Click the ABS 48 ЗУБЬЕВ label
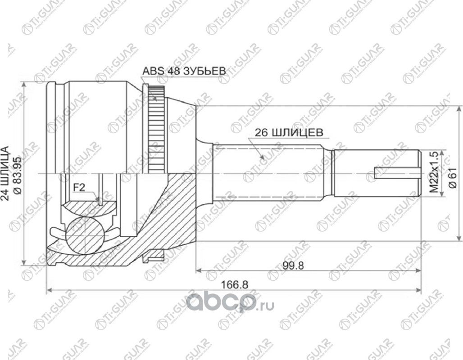click(x=184, y=71)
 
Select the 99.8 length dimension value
click(x=294, y=265)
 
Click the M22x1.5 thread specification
click(x=434, y=173)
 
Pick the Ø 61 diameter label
click(x=452, y=173)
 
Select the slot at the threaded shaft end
click(x=396, y=173)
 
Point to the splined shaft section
click(x=270, y=173)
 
